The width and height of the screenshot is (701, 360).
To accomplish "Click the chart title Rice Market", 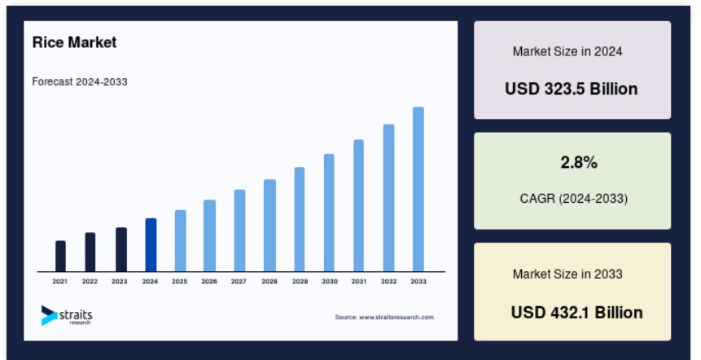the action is coord(74,42).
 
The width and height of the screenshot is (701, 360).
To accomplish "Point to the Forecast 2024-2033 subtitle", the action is coord(80,81).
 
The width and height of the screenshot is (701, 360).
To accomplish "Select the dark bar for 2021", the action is coord(60,257).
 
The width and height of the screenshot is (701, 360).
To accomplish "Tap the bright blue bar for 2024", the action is coord(151,245).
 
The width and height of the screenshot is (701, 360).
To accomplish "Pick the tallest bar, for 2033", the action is coord(418,189).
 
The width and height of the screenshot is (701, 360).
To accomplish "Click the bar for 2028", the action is coord(269,226).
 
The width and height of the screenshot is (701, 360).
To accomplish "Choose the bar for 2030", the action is coord(329,213).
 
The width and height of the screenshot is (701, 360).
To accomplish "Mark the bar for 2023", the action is coord(121,249).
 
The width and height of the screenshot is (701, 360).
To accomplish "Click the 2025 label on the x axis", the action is coord(179,281).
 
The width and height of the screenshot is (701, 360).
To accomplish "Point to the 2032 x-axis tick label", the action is coord(388,281).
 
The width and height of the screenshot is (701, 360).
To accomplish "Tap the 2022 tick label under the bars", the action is coord(90,281).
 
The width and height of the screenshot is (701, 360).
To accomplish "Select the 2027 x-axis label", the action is coord(239,281).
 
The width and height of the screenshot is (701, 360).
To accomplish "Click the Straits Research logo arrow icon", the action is coord(48,315).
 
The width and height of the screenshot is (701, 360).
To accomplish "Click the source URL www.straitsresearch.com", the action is coord(397,317).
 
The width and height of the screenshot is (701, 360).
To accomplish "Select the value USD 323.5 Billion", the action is coord(572,89).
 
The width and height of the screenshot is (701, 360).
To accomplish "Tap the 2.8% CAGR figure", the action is coord(579,162).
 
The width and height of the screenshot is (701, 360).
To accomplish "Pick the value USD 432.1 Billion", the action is coord(576,312).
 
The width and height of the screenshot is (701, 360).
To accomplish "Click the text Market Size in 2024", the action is coord(567,51).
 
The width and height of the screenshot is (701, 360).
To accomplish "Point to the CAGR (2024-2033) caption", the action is coord(574,198).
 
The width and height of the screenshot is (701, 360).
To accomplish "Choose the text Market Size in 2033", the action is coord(567,274).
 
